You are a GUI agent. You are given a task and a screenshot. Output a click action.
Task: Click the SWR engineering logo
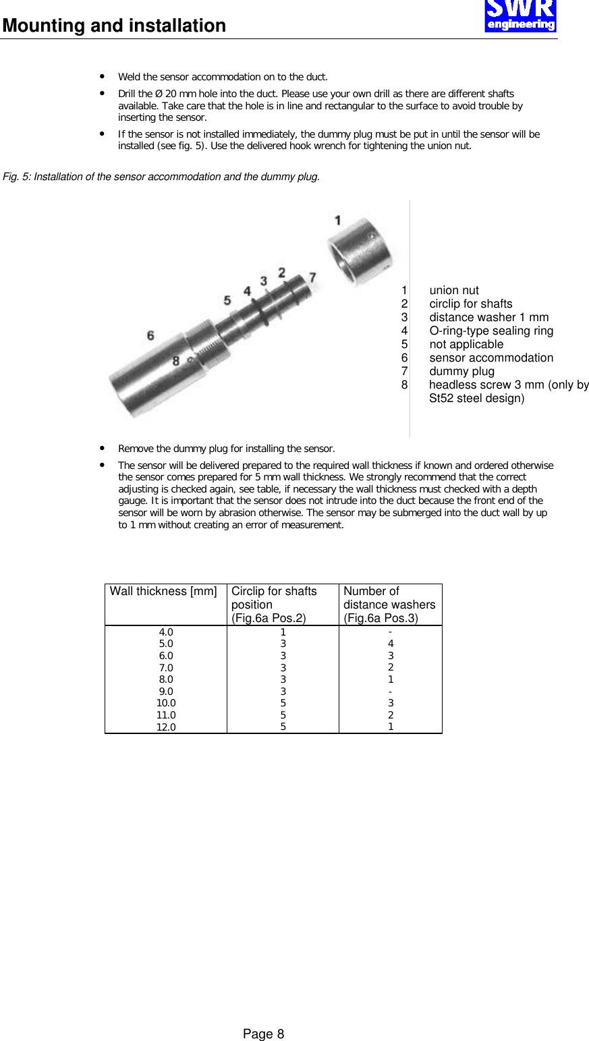tap(520, 16)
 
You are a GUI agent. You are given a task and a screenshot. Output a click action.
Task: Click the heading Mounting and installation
tap(114, 26)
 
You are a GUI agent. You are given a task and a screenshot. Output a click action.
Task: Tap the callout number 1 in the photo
tap(337, 220)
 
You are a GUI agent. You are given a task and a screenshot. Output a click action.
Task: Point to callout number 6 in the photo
tap(150, 335)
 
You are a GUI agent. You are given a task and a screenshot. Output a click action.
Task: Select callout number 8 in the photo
tap(175, 361)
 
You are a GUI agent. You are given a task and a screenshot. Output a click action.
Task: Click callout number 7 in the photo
tap(312, 277)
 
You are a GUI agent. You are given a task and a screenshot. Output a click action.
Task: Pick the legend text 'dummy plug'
tap(461, 371)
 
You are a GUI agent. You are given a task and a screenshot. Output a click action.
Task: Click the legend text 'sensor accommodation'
tap(490, 358)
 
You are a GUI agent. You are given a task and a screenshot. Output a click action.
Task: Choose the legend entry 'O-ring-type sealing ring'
tap(490, 331)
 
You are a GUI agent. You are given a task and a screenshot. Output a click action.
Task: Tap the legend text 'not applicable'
tap(466, 344)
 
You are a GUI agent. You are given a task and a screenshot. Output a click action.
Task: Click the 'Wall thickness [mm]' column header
tap(163, 591)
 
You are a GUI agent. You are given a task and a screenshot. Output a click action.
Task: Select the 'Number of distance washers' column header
tap(389, 604)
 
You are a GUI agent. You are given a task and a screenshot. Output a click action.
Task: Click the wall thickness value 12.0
tap(166, 727)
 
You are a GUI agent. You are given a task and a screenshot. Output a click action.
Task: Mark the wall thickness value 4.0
tap(166, 632)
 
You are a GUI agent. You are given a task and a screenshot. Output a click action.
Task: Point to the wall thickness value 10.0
tap(166, 703)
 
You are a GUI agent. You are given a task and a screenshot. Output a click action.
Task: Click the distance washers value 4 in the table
tap(391, 644)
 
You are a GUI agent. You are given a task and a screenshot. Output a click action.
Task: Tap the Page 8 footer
tap(263, 1034)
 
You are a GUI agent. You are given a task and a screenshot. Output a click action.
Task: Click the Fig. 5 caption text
tap(161, 177)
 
